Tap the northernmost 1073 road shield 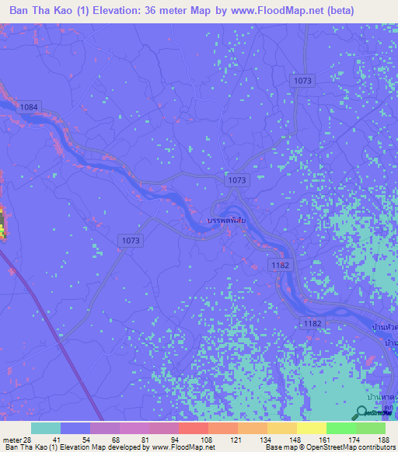tap(302, 81)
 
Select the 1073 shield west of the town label tap(131, 241)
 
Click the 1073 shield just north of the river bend tap(237, 179)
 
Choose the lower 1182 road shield tap(311, 322)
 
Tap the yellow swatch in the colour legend tap(311, 428)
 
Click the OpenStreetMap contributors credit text tap(345, 447)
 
